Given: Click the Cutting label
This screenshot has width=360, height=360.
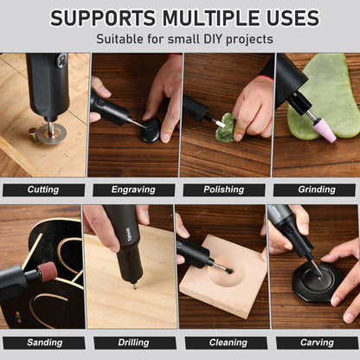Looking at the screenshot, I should [x=43, y=190].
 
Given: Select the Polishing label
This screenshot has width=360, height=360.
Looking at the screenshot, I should [x=223, y=190].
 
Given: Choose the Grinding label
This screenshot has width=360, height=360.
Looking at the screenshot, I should [x=316, y=190].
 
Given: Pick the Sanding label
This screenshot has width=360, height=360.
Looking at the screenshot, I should [x=43, y=342].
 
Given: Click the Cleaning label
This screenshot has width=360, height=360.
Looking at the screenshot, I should [x=223, y=342].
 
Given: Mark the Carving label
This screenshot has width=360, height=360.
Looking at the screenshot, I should [x=316, y=342].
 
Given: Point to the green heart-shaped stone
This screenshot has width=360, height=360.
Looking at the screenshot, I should [x=225, y=129].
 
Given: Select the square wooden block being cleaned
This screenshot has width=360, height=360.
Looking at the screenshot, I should [x=223, y=277].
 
